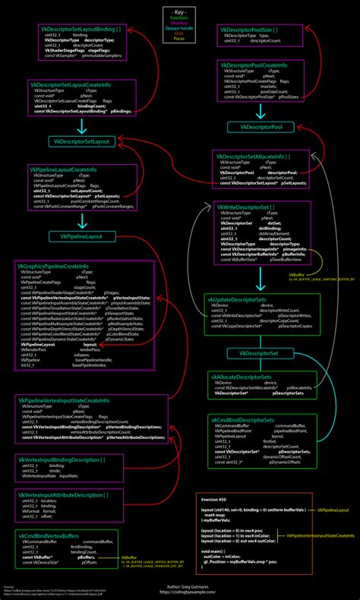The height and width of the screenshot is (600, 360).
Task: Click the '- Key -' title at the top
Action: pyautogui.click(x=180, y=13)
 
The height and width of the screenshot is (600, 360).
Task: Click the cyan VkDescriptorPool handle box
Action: pyautogui.click(x=261, y=126)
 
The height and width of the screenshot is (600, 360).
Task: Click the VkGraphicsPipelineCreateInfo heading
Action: pyautogui.click(x=54, y=267)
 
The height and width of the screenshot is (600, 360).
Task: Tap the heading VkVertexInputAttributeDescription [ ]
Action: pyautogui.click(x=63, y=495)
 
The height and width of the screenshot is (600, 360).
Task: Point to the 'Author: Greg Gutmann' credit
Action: pyautogui.click(x=180, y=588)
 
